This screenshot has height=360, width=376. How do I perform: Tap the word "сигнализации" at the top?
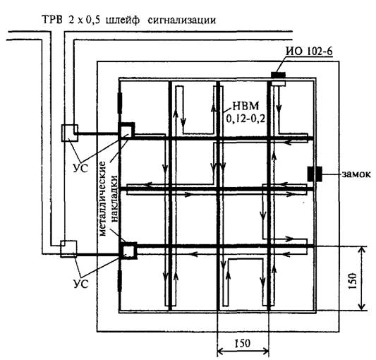(182, 20)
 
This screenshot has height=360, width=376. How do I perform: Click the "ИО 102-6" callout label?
(309, 51)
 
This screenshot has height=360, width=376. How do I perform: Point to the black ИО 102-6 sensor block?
(278, 75)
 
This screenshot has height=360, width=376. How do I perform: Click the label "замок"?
(356, 174)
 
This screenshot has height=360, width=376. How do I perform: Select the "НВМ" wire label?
(245, 106)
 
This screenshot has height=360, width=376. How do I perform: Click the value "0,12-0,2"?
(245, 119)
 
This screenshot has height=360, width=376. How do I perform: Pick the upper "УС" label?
(80, 169)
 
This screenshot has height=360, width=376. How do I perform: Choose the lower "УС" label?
(81, 284)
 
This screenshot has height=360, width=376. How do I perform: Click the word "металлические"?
(102, 199)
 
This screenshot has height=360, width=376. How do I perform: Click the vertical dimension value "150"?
(353, 281)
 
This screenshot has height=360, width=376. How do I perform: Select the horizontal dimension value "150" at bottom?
(241, 344)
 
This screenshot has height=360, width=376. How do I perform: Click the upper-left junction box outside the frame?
(70, 133)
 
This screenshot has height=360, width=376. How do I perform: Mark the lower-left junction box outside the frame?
(68, 249)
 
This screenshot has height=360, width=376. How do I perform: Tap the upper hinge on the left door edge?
(120, 103)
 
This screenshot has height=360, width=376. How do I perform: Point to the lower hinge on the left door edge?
(120, 281)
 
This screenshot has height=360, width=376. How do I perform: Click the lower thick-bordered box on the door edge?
(128, 251)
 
